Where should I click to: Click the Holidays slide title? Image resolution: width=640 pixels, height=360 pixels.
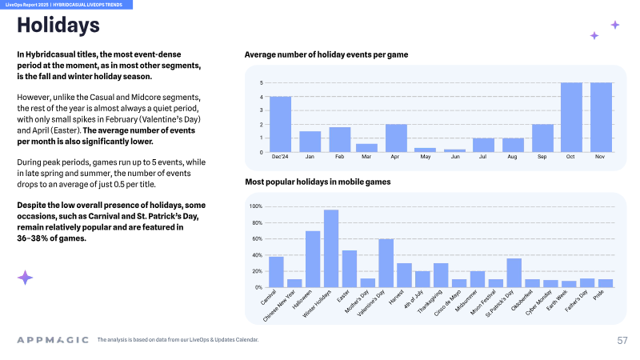coord(58,25)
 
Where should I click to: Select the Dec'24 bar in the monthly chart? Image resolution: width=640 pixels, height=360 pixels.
coord(281,125)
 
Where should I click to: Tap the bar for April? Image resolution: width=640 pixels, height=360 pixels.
coord(396,138)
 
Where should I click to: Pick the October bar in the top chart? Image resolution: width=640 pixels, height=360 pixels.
coord(571,118)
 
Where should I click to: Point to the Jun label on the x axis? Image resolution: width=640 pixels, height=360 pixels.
coord(455,157)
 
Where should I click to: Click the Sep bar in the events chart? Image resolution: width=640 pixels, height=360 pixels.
coord(543,138)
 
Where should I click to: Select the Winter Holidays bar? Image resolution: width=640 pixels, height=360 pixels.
coord(331,249)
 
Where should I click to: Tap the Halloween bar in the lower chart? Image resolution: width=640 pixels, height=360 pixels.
coord(313,259)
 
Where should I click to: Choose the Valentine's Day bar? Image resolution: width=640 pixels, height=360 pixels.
coord(386,263)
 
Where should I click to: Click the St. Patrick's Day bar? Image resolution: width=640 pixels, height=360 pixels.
coord(514,273)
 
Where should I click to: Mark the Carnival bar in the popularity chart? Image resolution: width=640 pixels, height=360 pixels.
coord(276,272)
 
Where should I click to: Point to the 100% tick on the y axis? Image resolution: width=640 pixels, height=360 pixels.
coord(256,206)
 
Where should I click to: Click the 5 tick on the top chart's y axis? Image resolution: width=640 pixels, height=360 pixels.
coord(262,83)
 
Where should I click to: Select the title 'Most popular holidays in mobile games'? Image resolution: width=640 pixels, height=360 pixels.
coord(318,182)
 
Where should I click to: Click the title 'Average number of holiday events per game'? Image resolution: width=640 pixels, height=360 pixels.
coord(326,54)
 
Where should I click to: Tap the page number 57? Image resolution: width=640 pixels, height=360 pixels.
coord(622,341)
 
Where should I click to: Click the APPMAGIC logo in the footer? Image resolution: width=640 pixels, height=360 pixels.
coord(53,340)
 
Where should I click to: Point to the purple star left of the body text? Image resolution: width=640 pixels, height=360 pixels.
coord(25,278)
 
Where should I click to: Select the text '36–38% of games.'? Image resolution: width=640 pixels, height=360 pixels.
coord(51,238)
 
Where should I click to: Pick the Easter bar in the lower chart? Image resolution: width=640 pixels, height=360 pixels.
coord(350,269)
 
